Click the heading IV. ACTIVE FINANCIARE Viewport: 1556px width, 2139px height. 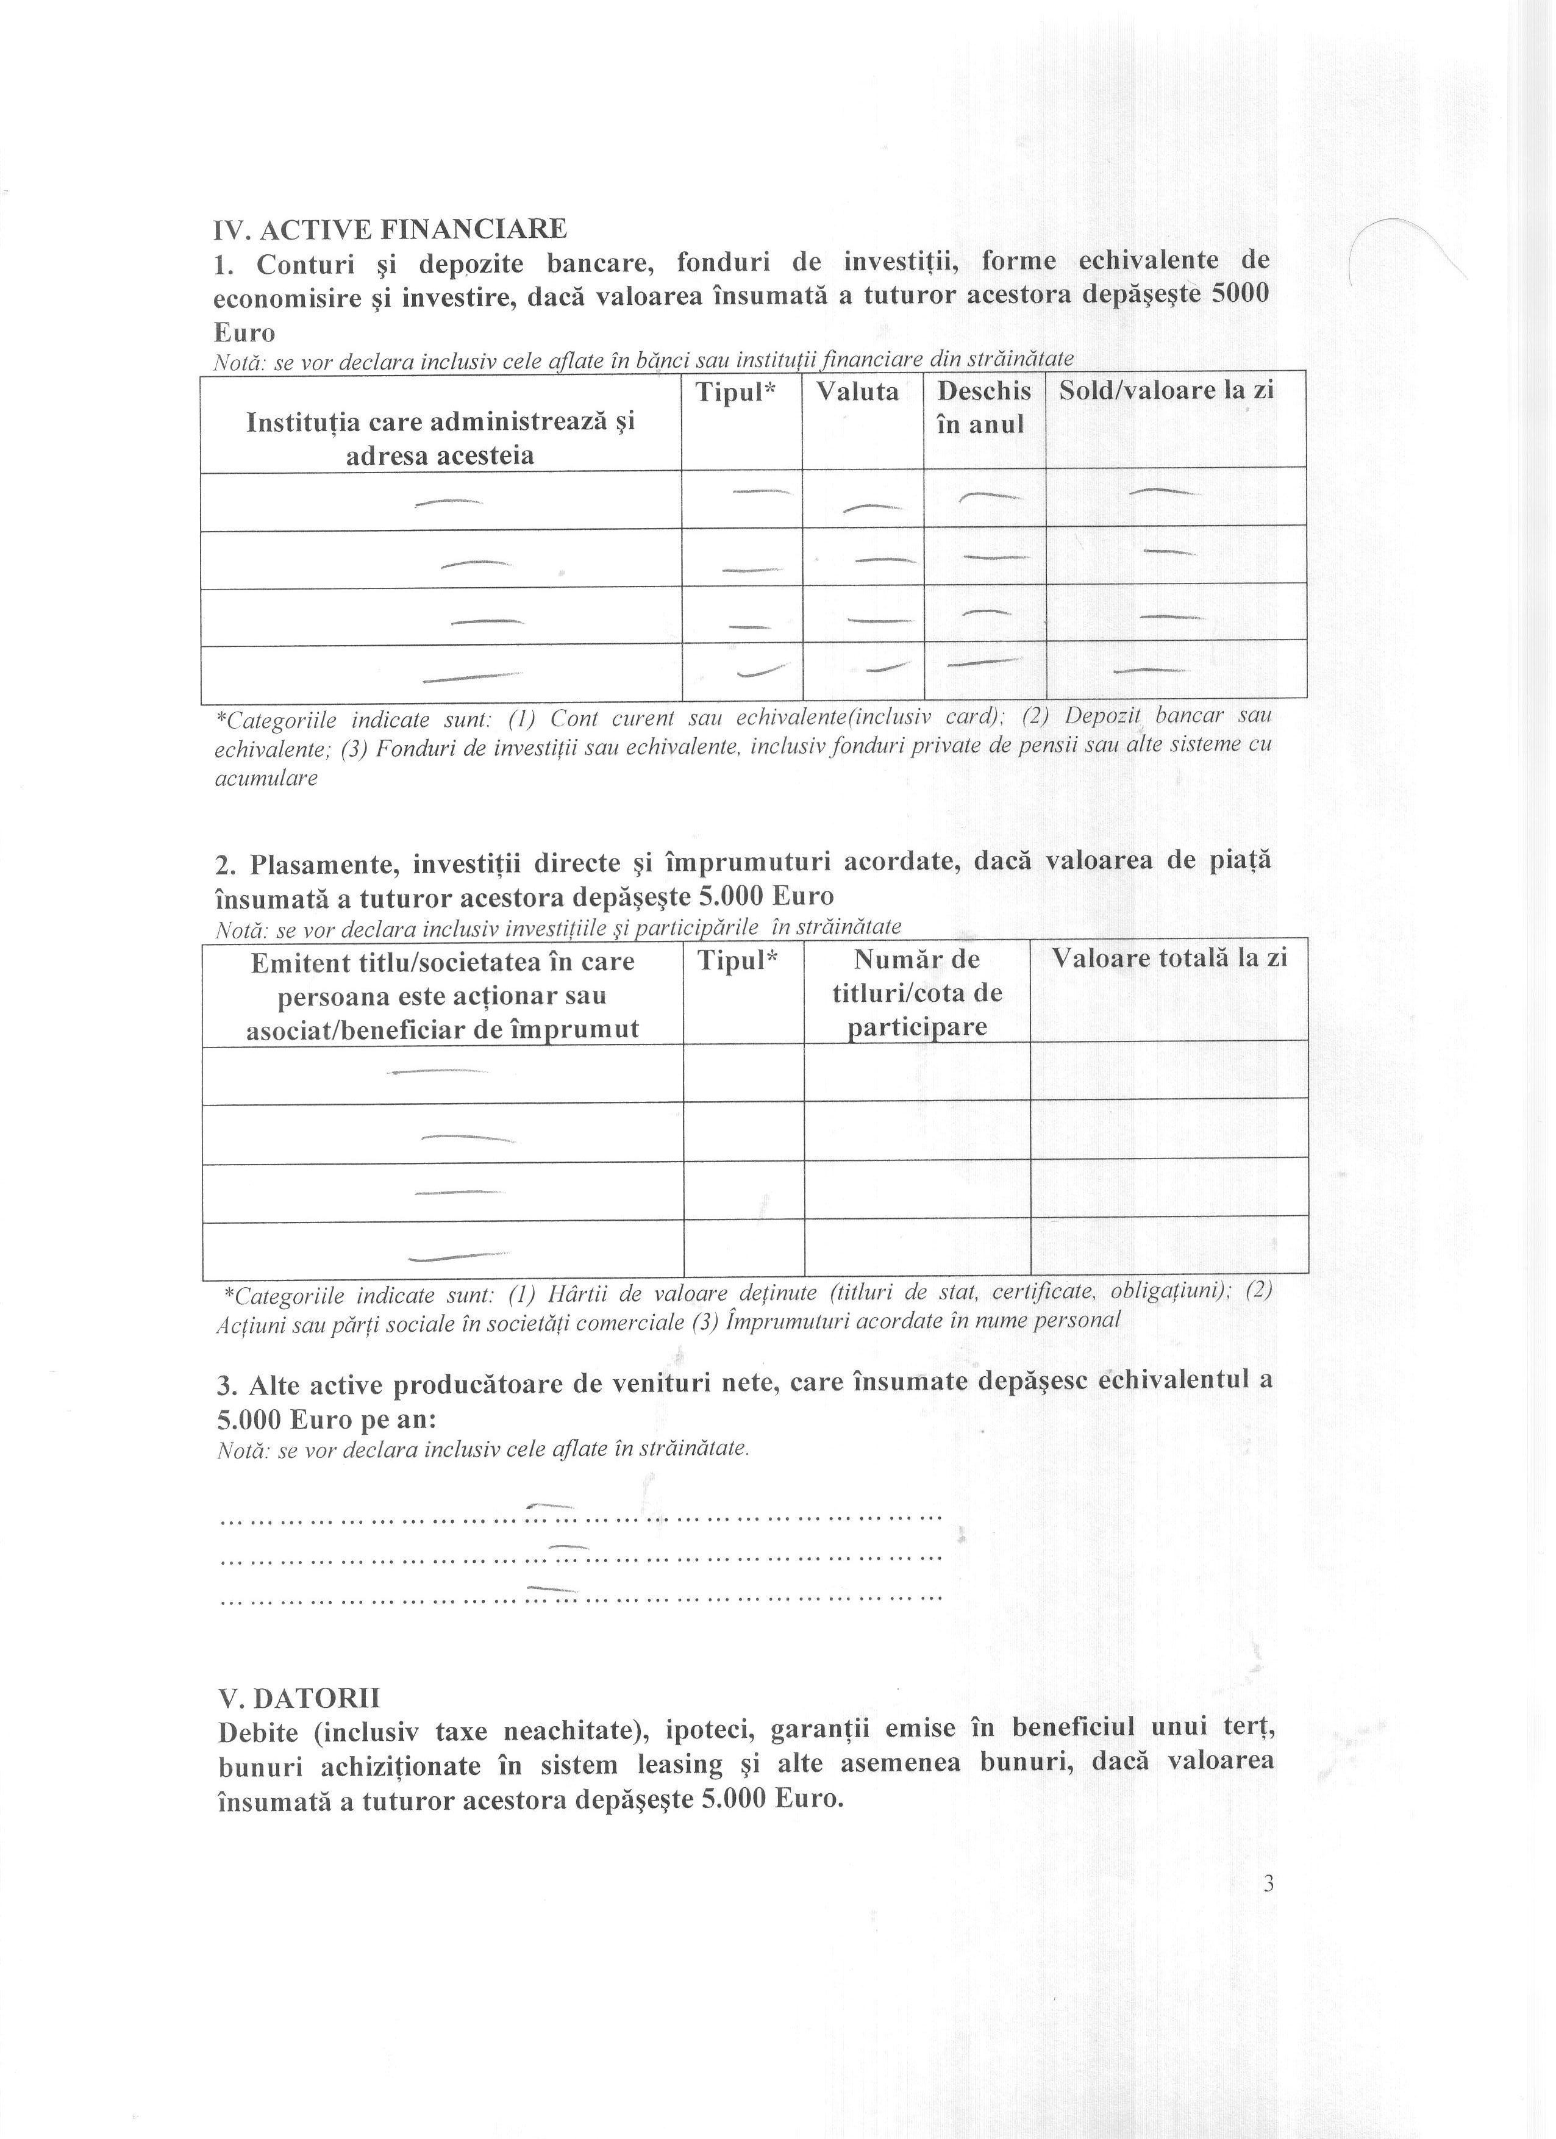(390, 229)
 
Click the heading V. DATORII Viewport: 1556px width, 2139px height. (299, 1698)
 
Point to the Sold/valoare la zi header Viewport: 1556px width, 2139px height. (1166, 390)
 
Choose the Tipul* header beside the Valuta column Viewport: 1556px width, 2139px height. (735, 392)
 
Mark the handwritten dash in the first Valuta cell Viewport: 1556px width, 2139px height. (873, 509)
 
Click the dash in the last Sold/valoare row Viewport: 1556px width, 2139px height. (1149, 671)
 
